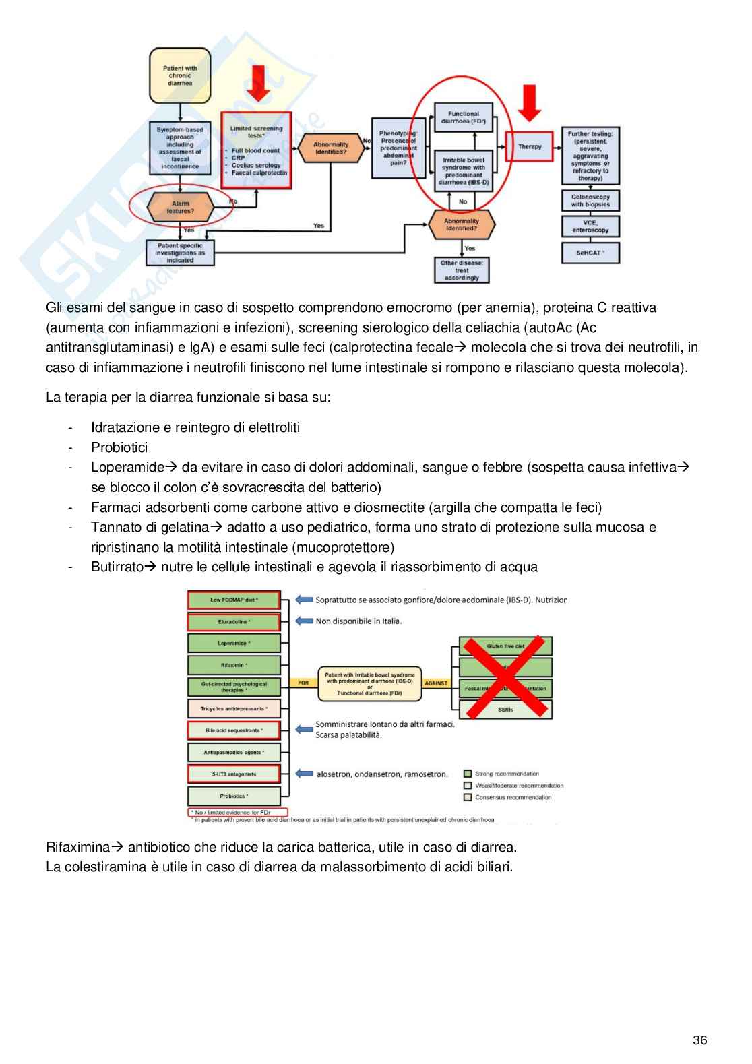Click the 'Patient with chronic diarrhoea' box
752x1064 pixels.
pos(179,75)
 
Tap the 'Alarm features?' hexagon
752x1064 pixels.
pos(181,207)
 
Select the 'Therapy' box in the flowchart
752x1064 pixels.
pos(529,146)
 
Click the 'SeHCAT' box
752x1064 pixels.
pos(590,253)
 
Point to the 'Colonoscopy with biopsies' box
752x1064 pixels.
pos(590,201)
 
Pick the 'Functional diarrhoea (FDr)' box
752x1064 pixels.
pos(463,117)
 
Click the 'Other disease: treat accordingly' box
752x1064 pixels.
pos(462,270)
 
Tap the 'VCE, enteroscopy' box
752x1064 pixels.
pos(590,226)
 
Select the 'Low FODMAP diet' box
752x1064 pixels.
pos(234,600)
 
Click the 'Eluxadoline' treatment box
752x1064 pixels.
pos(234,621)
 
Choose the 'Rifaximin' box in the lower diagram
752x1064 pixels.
pos(234,665)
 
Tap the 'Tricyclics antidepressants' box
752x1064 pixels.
pos(234,709)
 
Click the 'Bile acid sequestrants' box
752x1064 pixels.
pos(234,730)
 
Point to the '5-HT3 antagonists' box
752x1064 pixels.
pos(234,774)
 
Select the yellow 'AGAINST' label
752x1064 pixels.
pos(436,683)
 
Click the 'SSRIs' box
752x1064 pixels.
pos(505,710)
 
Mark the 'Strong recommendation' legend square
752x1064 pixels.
pos(468,774)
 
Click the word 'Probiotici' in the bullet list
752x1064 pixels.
pos(119,447)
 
